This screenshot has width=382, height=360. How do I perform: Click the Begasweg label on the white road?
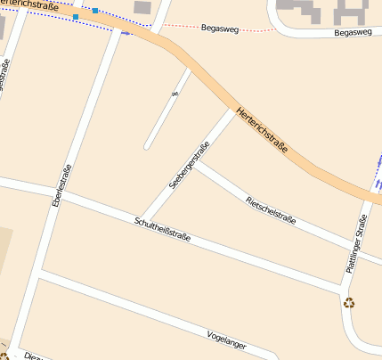(x=352, y=33)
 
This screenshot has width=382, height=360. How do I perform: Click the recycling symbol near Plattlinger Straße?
(x=349, y=303)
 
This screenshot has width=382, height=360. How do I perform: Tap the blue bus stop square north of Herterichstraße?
(x=95, y=11)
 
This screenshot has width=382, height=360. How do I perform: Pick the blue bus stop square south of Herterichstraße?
(x=76, y=17)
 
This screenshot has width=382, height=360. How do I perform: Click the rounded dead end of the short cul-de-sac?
(x=148, y=144)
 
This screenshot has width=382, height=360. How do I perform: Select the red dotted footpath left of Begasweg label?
(x=183, y=25)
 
